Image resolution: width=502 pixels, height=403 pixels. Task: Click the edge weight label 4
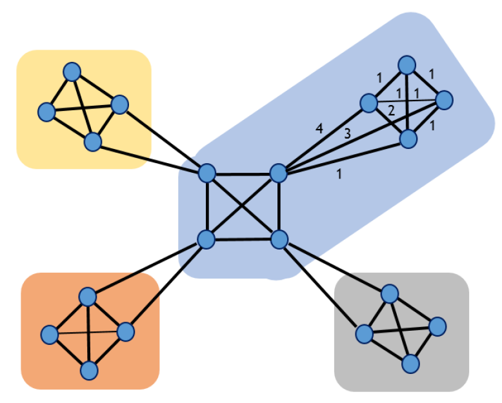[x=319, y=129]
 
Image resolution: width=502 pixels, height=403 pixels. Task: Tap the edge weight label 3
[x=346, y=134]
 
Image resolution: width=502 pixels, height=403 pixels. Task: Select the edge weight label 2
[x=390, y=110]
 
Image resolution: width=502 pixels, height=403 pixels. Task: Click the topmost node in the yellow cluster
[x=72, y=71]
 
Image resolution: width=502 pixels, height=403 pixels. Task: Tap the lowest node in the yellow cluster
[x=93, y=141]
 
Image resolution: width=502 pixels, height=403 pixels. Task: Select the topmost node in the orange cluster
[x=87, y=296]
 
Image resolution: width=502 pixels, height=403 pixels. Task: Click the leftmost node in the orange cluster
[x=49, y=335]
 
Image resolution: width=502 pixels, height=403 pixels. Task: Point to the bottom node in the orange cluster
[x=89, y=370]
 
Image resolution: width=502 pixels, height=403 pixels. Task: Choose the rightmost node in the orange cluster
[x=125, y=331]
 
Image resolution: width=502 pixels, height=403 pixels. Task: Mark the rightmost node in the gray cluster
[x=437, y=326]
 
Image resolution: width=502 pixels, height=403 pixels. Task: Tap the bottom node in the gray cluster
[x=409, y=364]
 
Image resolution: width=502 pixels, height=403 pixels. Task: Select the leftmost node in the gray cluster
[x=364, y=334]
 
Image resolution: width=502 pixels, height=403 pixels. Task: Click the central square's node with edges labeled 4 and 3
[x=278, y=173]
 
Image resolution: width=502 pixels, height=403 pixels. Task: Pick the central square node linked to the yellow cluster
[x=206, y=173]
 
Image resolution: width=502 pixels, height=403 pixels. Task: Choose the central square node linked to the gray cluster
[x=279, y=240]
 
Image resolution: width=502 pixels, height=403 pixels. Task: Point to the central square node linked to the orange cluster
[x=206, y=240]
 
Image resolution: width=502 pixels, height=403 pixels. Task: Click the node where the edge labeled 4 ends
[x=368, y=102]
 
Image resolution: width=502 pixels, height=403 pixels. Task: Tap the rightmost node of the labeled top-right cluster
[x=444, y=100]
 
